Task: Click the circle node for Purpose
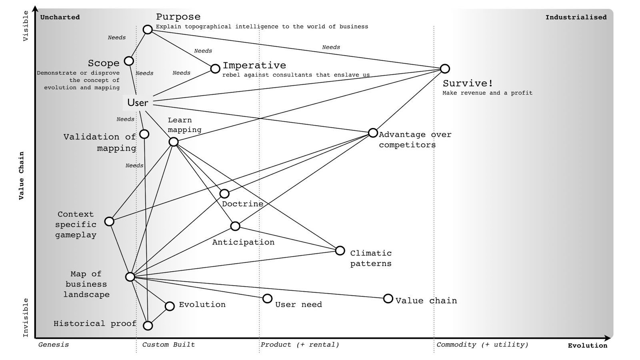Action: [148, 30]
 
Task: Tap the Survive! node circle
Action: [445, 68]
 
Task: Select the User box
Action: [138, 102]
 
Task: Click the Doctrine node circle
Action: [224, 194]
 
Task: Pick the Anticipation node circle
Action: [235, 226]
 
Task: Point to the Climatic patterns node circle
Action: [340, 250]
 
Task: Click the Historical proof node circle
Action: [148, 326]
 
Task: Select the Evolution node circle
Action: [170, 306]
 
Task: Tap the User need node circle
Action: [268, 298]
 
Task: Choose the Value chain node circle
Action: [388, 298]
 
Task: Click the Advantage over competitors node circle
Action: [373, 133]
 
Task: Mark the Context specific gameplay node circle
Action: [110, 222]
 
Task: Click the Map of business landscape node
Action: [130, 277]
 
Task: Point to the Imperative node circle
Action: [215, 68]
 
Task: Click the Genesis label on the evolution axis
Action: [54, 345]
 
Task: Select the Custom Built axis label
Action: [168, 344]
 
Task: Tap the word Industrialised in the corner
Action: [576, 18]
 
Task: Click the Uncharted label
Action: [60, 17]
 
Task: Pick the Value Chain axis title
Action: [22, 176]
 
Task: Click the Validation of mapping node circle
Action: [144, 134]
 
